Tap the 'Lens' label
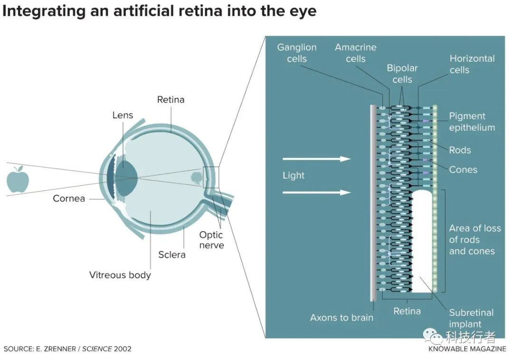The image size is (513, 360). (x=123, y=115)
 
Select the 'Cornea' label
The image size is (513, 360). (x=69, y=199)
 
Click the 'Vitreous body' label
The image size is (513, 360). (x=120, y=275)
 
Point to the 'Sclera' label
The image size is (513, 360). (x=172, y=255)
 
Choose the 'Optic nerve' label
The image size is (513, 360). (x=212, y=240)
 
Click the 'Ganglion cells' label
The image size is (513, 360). (x=297, y=53)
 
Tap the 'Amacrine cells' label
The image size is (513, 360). (x=356, y=53)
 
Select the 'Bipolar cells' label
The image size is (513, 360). (x=402, y=74)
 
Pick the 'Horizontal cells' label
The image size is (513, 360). (x=472, y=64)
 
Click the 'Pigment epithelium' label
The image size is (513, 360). (x=472, y=122)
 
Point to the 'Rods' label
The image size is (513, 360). (x=460, y=150)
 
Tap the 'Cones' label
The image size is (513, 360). (x=463, y=170)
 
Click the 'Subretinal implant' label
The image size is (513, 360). (x=471, y=318)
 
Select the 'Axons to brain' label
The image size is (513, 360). (x=342, y=317)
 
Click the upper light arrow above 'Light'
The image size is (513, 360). (x=317, y=159)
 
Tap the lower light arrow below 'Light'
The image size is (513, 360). (x=317, y=192)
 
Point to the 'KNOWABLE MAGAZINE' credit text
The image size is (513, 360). (x=467, y=349)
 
